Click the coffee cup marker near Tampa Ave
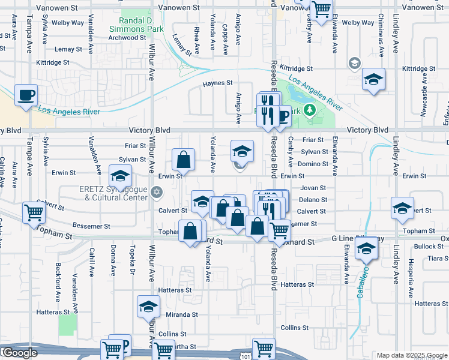26,95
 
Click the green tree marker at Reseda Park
309,110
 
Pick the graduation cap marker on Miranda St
148,307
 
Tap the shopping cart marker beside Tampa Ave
34,212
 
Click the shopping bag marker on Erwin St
183,160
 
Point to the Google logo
19,353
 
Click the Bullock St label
428,247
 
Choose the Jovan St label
313,188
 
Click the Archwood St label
127,37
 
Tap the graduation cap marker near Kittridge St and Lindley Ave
373,79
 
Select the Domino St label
315,164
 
